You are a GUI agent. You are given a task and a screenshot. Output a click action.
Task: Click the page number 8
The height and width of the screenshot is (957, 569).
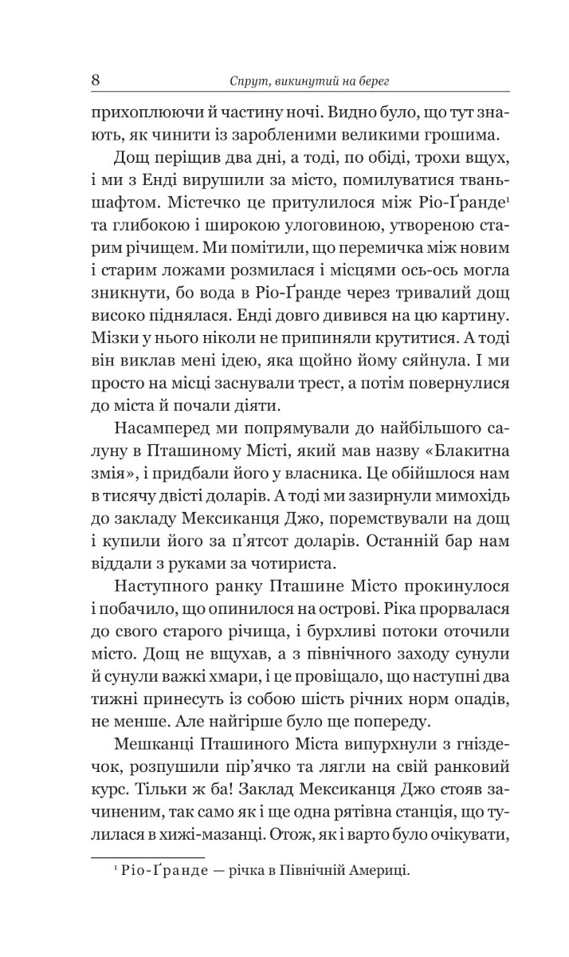[x=95, y=81]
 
